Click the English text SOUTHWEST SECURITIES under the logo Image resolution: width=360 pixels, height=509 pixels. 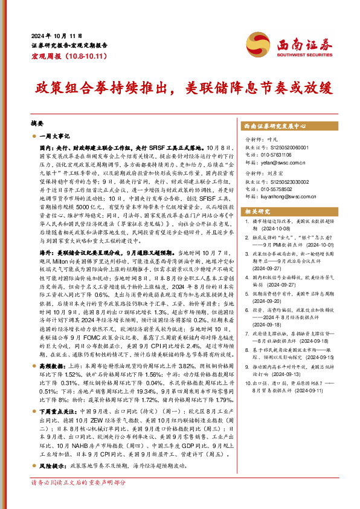tap(302, 53)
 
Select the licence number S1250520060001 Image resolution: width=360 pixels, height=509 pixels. tap(298, 148)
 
